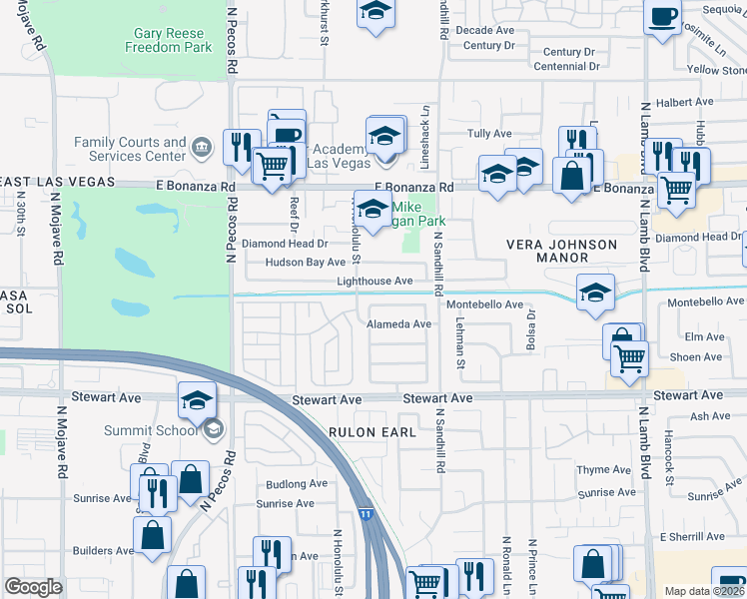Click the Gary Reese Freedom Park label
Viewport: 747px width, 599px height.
click(x=168, y=40)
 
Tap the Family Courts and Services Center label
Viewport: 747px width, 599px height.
click(x=130, y=150)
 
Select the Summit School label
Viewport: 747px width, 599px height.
click(x=152, y=430)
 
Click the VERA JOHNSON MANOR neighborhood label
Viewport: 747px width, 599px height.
click(x=547, y=251)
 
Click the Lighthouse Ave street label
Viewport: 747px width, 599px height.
click(x=374, y=283)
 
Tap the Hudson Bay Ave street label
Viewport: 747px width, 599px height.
click(x=305, y=263)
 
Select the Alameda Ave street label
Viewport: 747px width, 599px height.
click(x=398, y=324)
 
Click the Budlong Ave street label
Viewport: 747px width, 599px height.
click(x=297, y=484)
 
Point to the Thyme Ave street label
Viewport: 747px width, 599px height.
click(x=604, y=470)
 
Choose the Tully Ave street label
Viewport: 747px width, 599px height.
click(x=489, y=134)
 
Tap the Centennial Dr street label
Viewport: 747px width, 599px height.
click(x=566, y=67)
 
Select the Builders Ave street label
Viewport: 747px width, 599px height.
click(x=103, y=551)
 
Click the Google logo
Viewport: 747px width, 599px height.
click(x=33, y=587)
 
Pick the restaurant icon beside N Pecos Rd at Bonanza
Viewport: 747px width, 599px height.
click(x=241, y=147)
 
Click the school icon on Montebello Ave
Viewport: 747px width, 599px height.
click(x=596, y=293)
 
